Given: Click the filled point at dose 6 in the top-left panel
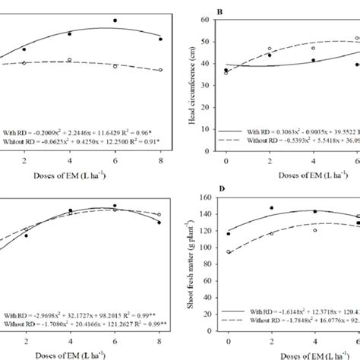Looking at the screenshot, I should click(x=115, y=21).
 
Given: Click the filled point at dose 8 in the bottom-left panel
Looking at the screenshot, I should click(x=159, y=223).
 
